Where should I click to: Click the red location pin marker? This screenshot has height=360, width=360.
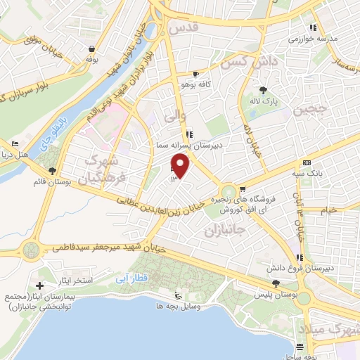click(181, 166)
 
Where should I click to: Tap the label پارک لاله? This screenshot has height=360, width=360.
click(266, 101)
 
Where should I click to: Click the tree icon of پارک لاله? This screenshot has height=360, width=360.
click(264, 90)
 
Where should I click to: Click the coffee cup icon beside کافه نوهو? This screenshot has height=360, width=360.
click(196, 74)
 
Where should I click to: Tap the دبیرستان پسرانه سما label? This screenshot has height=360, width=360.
click(188, 143)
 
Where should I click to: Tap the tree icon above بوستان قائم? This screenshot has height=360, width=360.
click(52, 171)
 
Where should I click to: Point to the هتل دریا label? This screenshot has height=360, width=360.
click(32, 154)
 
